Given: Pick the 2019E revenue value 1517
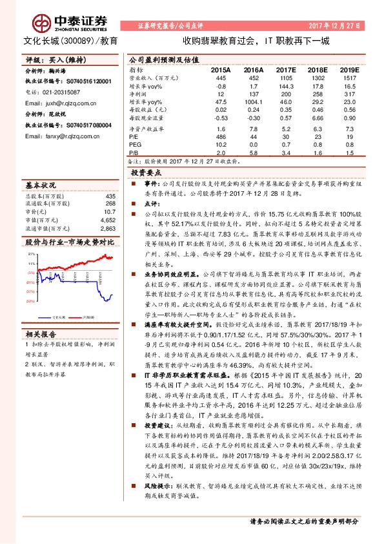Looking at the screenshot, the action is [x=349, y=77].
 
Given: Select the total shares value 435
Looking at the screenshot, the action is [x=110, y=196].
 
